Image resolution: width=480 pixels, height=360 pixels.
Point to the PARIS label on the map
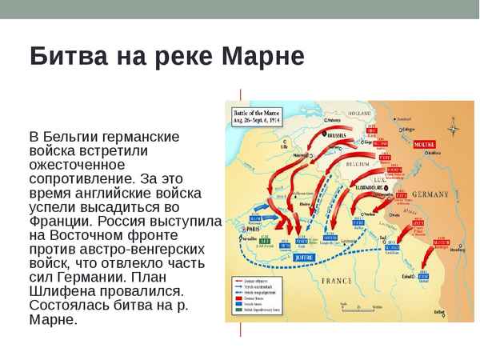point(257,226)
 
